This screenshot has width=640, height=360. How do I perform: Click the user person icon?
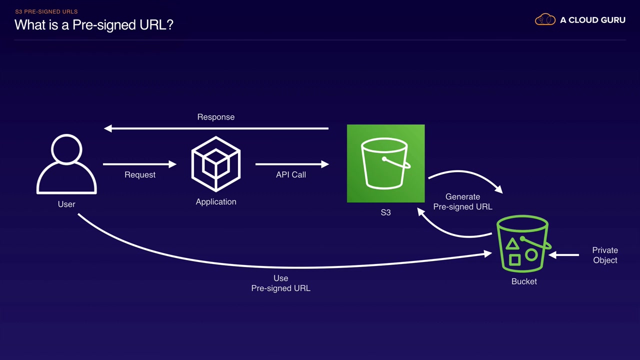pos(66,165)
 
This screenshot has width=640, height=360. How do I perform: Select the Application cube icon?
pos(216,164)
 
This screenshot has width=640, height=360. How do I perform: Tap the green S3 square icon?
pos(385,163)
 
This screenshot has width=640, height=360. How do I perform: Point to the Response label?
pos(215,117)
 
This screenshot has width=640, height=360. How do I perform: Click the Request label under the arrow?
pos(140,175)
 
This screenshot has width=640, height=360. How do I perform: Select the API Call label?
pos(291,175)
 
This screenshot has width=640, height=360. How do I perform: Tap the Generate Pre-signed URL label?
pos(462,201)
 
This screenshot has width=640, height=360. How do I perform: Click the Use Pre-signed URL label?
pos(280,283)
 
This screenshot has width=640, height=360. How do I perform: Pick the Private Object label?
pos(605,255)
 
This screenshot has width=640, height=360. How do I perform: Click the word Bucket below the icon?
pos(524,281)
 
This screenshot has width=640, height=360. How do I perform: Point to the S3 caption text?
pos(385,212)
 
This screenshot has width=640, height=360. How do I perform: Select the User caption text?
pos(66,204)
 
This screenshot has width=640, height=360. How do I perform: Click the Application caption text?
pos(216,202)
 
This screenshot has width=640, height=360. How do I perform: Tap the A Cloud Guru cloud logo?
pos(545,20)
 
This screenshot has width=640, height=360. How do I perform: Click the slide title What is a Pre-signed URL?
pos(94,24)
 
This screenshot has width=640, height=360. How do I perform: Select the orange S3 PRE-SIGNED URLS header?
pos(46,11)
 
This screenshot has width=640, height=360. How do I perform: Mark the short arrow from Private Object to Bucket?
pos(564,255)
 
